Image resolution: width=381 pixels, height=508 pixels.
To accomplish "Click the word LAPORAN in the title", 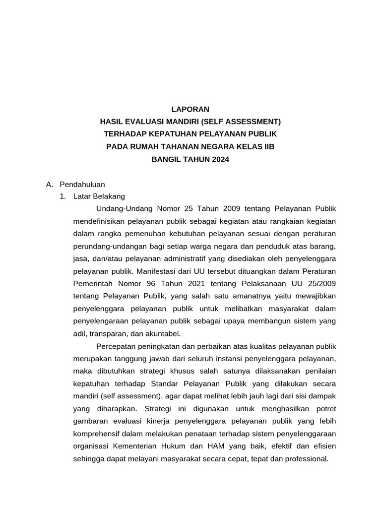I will click(x=190, y=109).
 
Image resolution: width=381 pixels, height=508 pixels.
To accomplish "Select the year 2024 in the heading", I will click(x=219, y=160).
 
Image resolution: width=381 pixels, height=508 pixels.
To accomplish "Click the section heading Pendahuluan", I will click(x=82, y=184).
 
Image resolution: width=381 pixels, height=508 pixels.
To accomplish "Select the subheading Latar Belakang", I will click(x=99, y=196).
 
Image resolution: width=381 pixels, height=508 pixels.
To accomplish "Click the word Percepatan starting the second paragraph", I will click(x=116, y=346).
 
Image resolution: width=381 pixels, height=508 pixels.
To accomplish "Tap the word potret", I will click(x=324, y=408).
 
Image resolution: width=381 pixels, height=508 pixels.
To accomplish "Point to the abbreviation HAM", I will click(x=241, y=446).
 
